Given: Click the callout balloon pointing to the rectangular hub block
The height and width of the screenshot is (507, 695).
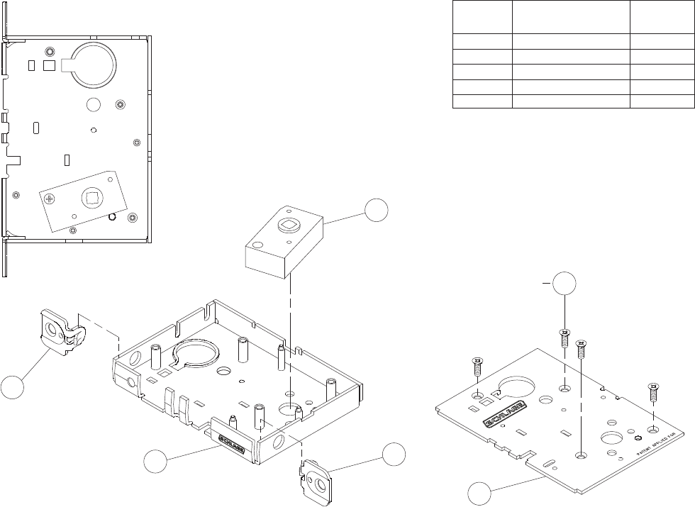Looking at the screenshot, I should [377, 211].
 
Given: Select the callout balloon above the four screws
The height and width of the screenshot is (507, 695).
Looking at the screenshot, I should [565, 283].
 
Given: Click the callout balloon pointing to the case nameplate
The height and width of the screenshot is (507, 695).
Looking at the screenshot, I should [156, 462].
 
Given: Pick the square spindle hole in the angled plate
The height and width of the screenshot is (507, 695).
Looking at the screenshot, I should [91, 195].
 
